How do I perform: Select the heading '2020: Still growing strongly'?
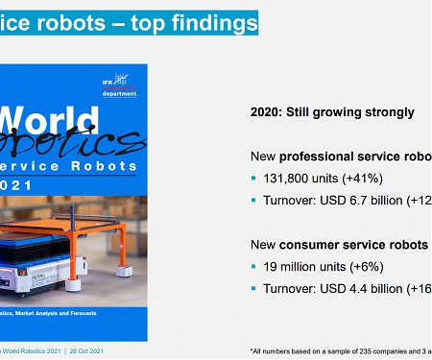331,112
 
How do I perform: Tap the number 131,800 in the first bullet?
286,179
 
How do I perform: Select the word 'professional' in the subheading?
322,156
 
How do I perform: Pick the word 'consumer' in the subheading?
318,245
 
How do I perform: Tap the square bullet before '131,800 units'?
254,179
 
